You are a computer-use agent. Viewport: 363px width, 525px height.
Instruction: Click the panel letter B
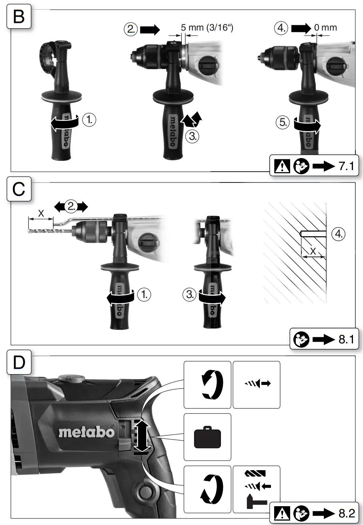[19, 16]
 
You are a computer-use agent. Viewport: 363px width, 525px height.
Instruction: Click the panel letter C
[19, 190]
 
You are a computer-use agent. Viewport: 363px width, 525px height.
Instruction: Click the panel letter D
[19, 363]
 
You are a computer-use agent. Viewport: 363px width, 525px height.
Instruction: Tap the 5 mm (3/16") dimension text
[207, 28]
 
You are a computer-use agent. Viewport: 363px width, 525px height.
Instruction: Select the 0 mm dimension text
[326, 28]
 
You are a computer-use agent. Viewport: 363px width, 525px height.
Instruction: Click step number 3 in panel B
[193, 136]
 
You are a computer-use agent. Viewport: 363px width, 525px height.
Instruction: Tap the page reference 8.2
[346, 513]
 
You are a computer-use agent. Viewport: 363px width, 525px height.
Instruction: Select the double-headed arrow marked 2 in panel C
[71, 207]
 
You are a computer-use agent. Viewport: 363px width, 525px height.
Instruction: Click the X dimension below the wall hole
[313, 252]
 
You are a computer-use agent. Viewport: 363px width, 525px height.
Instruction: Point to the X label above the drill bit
[41, 214]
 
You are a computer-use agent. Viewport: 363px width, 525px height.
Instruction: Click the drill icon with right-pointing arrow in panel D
[257, 383]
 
